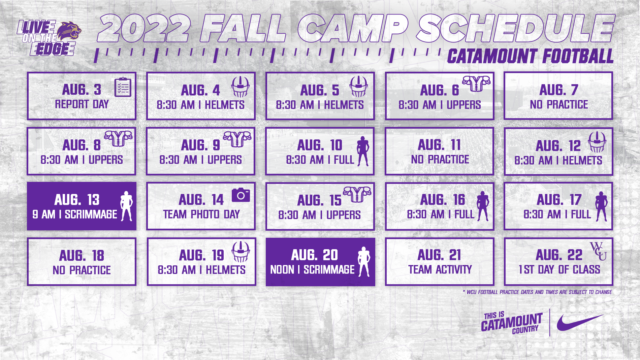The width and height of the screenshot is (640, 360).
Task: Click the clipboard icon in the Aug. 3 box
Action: pos(123,87)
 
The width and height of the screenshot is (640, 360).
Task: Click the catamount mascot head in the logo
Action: pos(69,32)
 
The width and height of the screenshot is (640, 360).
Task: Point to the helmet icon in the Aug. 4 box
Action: pos(240,87)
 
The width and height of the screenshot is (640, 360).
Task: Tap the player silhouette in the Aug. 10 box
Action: pos(363,151)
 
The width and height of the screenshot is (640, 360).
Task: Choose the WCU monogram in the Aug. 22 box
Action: pos(598,251)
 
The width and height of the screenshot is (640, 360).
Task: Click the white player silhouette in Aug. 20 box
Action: pos(364,262)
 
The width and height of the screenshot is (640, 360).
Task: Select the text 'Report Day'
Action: pos(82,104)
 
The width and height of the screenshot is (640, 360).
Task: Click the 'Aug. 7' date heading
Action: pos(559,90)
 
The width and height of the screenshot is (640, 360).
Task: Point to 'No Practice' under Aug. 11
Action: pos(440,159)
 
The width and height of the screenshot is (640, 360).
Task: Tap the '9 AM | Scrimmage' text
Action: pos(75,215)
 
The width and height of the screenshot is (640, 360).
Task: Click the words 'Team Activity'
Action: pos(440,270)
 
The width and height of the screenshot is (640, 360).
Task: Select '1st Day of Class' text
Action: pos(559,270)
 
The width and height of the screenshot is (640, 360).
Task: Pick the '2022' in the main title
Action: pos(144,29)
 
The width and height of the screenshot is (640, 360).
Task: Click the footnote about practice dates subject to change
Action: pos(538,292)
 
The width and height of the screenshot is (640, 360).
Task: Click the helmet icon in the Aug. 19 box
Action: pos(241,252)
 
